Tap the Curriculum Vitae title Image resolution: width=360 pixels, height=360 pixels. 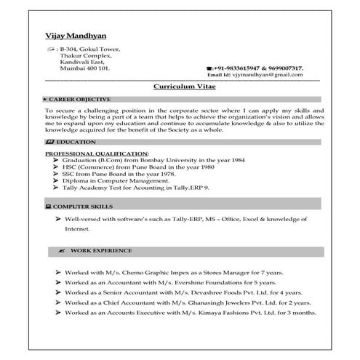(x=180, y=85)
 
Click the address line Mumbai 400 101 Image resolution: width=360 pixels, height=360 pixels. (x=85, y=68)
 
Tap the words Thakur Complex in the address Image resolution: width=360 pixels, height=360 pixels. (x=85, y=55)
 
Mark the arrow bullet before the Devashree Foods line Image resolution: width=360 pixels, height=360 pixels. (x=57, y=291)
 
